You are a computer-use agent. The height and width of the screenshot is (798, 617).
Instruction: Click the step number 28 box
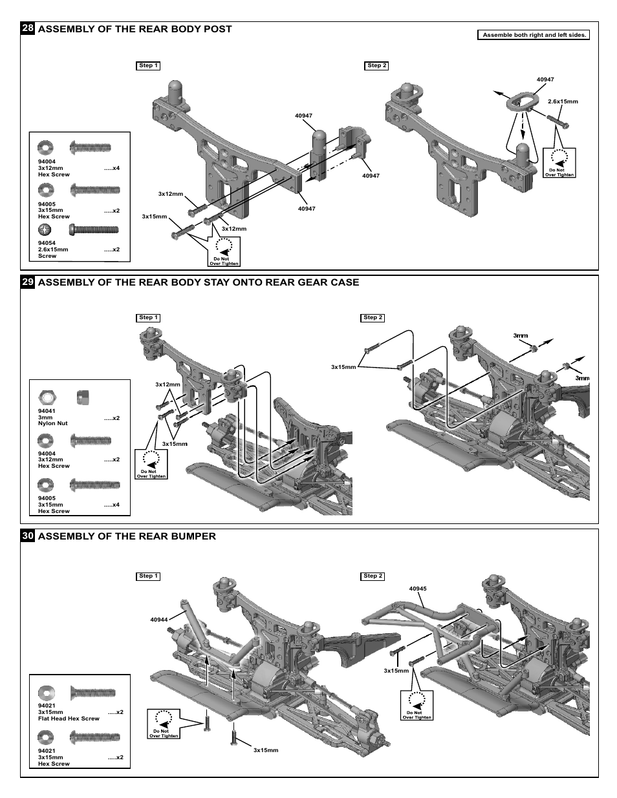point(28,29)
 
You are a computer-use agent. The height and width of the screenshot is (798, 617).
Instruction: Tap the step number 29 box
point(28,282)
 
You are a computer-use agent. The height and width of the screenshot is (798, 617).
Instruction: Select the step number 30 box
point(28,536)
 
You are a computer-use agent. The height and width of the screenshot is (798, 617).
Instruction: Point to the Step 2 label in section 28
point(376,65)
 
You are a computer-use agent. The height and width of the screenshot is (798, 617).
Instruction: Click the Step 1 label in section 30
point(148,576)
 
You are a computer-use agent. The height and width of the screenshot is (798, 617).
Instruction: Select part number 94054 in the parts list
point(47,244)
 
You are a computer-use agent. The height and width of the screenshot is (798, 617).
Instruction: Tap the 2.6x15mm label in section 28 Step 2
point(563,101)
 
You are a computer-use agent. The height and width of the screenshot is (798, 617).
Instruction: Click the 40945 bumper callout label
point(418,589)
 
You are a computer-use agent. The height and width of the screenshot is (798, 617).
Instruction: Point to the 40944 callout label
point(158,620)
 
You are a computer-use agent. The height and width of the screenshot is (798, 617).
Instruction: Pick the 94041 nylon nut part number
point(47,412)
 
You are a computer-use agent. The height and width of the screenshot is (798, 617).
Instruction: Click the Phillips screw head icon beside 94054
point(47,229)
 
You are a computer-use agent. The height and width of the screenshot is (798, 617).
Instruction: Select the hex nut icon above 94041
point(47,395)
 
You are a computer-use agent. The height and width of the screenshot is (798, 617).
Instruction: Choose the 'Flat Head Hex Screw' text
point(69,718)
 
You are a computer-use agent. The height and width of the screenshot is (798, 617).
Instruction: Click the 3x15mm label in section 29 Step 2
point(343,367)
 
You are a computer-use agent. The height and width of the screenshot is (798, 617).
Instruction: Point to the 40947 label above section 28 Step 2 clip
point(545,79)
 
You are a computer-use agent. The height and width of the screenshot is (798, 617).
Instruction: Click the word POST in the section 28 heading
point(219,29)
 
